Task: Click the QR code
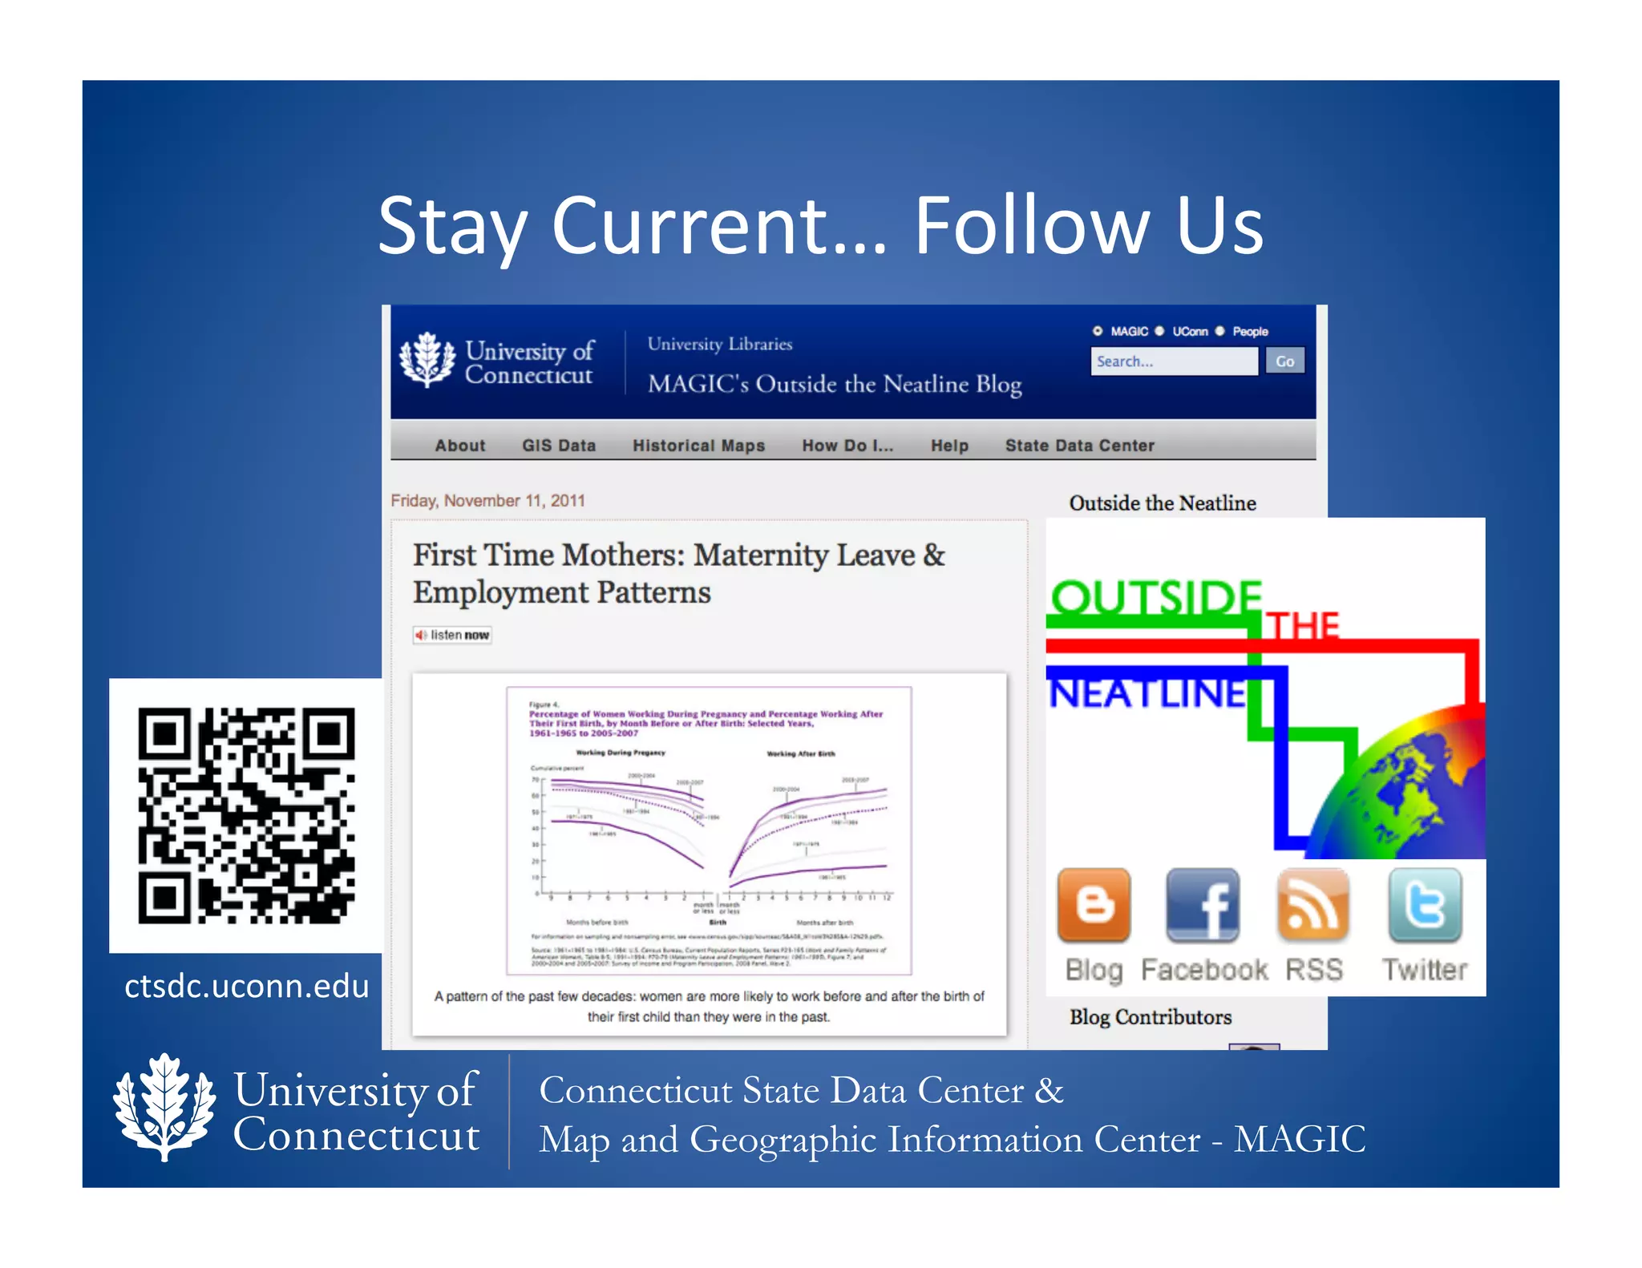pos(246,815)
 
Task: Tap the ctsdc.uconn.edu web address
pos(246,986)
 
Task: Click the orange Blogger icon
pos(1094,905)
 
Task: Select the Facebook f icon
pos(1203,905)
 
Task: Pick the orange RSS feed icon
pos(1313,905)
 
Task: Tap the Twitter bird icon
pos(1425,905)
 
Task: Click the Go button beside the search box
pos(1284,361)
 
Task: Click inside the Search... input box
pos(1173,361)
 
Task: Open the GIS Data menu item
pos(559,446)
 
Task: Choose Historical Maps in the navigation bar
pos(698,446)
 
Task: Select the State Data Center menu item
pos(1079,446)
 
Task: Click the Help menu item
pos(949,446)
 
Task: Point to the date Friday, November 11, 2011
pos(487,501)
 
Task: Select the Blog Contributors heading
pos(1150,1017)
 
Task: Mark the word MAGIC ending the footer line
pos(1299,1139)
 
